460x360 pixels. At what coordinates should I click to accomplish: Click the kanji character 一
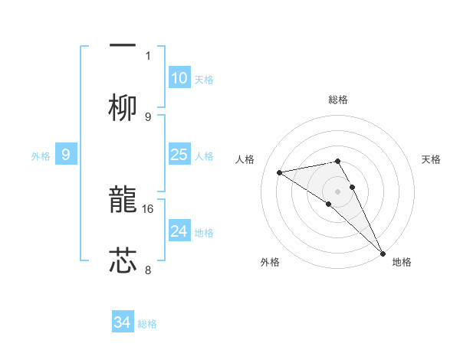tap(123, 44)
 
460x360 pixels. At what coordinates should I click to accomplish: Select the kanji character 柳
tap(123, 108)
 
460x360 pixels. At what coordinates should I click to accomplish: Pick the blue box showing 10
tap(179, 78)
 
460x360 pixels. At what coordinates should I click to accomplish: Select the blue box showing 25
tap(179, 155)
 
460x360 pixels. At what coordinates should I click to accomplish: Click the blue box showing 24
tap(179, 231)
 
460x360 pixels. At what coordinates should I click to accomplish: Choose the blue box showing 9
tap(66, 155)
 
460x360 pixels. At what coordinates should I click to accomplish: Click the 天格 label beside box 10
tap(204, 80)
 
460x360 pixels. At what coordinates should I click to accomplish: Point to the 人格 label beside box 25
tap(204, 156)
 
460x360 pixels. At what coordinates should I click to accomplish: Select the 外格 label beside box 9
tap(41, 156)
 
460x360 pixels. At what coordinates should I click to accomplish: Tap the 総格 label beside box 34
tap(147, 324)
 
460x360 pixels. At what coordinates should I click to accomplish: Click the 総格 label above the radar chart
tap(338, 100)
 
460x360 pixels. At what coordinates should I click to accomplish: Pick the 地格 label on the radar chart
tap(402, 262)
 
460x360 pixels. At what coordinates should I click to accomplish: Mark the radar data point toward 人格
tap(280, 172)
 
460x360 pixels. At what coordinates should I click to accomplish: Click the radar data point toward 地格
tap(383, 252)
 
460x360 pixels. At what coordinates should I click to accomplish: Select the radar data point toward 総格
tap(337, 161)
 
